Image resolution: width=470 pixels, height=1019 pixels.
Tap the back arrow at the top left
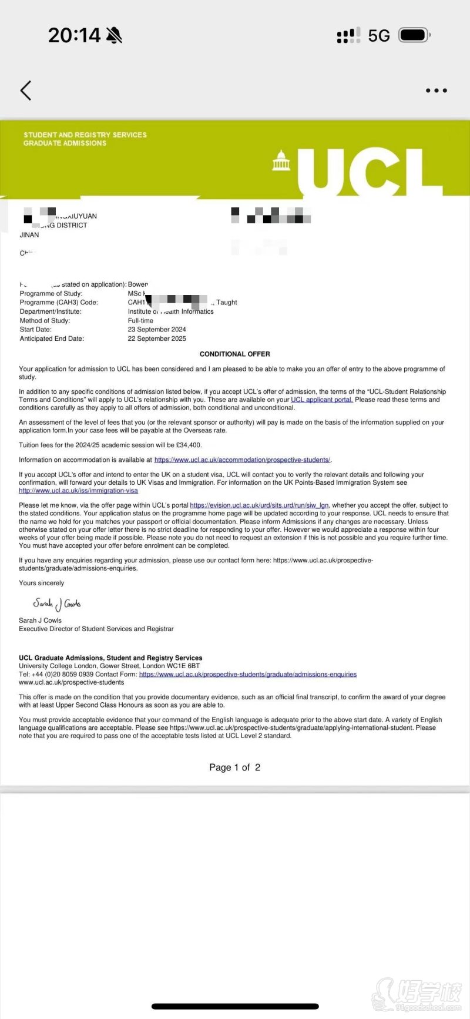coord(25,90)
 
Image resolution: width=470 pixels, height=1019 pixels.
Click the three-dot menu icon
coord(436,90)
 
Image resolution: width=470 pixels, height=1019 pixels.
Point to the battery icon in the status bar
coord(414,35)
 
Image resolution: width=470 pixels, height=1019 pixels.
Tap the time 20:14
coord(75,35)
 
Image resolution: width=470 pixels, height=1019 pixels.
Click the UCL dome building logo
coord(281,160)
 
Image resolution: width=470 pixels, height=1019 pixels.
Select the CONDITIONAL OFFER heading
coord(235,354)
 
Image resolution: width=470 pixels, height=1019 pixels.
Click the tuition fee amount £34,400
coord(189,445)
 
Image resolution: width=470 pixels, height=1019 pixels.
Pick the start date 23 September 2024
coord(157,330)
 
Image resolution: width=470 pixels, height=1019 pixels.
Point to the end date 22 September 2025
coord(157,338)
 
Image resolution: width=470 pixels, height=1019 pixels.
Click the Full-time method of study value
coord(140,321)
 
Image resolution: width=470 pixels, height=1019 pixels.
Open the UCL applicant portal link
coord(321,400)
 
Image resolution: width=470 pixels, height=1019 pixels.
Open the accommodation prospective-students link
coord(242,460)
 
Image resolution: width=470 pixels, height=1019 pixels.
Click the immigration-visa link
coord(78,491)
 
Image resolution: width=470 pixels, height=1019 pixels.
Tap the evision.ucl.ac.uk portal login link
coord(259,505)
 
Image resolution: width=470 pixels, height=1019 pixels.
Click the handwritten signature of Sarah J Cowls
coord(56,604)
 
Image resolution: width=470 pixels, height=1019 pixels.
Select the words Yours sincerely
coord(41,583)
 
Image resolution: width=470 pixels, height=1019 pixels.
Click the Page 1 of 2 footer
coord(234,767)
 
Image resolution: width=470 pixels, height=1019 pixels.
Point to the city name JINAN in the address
coord(29,235)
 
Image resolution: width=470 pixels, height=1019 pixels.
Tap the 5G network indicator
coord(379,36)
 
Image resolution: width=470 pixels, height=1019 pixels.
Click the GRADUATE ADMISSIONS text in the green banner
coord(65,143)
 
